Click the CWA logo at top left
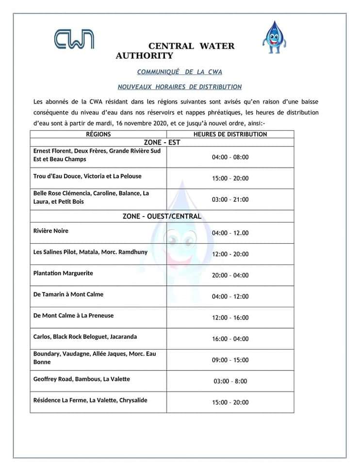click(x=74, y=39)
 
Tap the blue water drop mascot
click(x=275, y=37)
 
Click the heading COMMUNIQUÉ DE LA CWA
click(x=180, y=72)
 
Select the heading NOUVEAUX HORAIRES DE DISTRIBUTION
click(x=180, y=87)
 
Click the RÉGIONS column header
click(x=98, y=134)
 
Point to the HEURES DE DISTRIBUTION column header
click(x=230, y=134)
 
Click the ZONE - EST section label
click(x=162, y=142)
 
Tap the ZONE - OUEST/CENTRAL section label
click(x=162, y=216)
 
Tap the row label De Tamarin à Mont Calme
click(x=68, y=294)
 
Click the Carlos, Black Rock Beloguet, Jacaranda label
click(x=85, y=336)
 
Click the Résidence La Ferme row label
click(x=90, y=400)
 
